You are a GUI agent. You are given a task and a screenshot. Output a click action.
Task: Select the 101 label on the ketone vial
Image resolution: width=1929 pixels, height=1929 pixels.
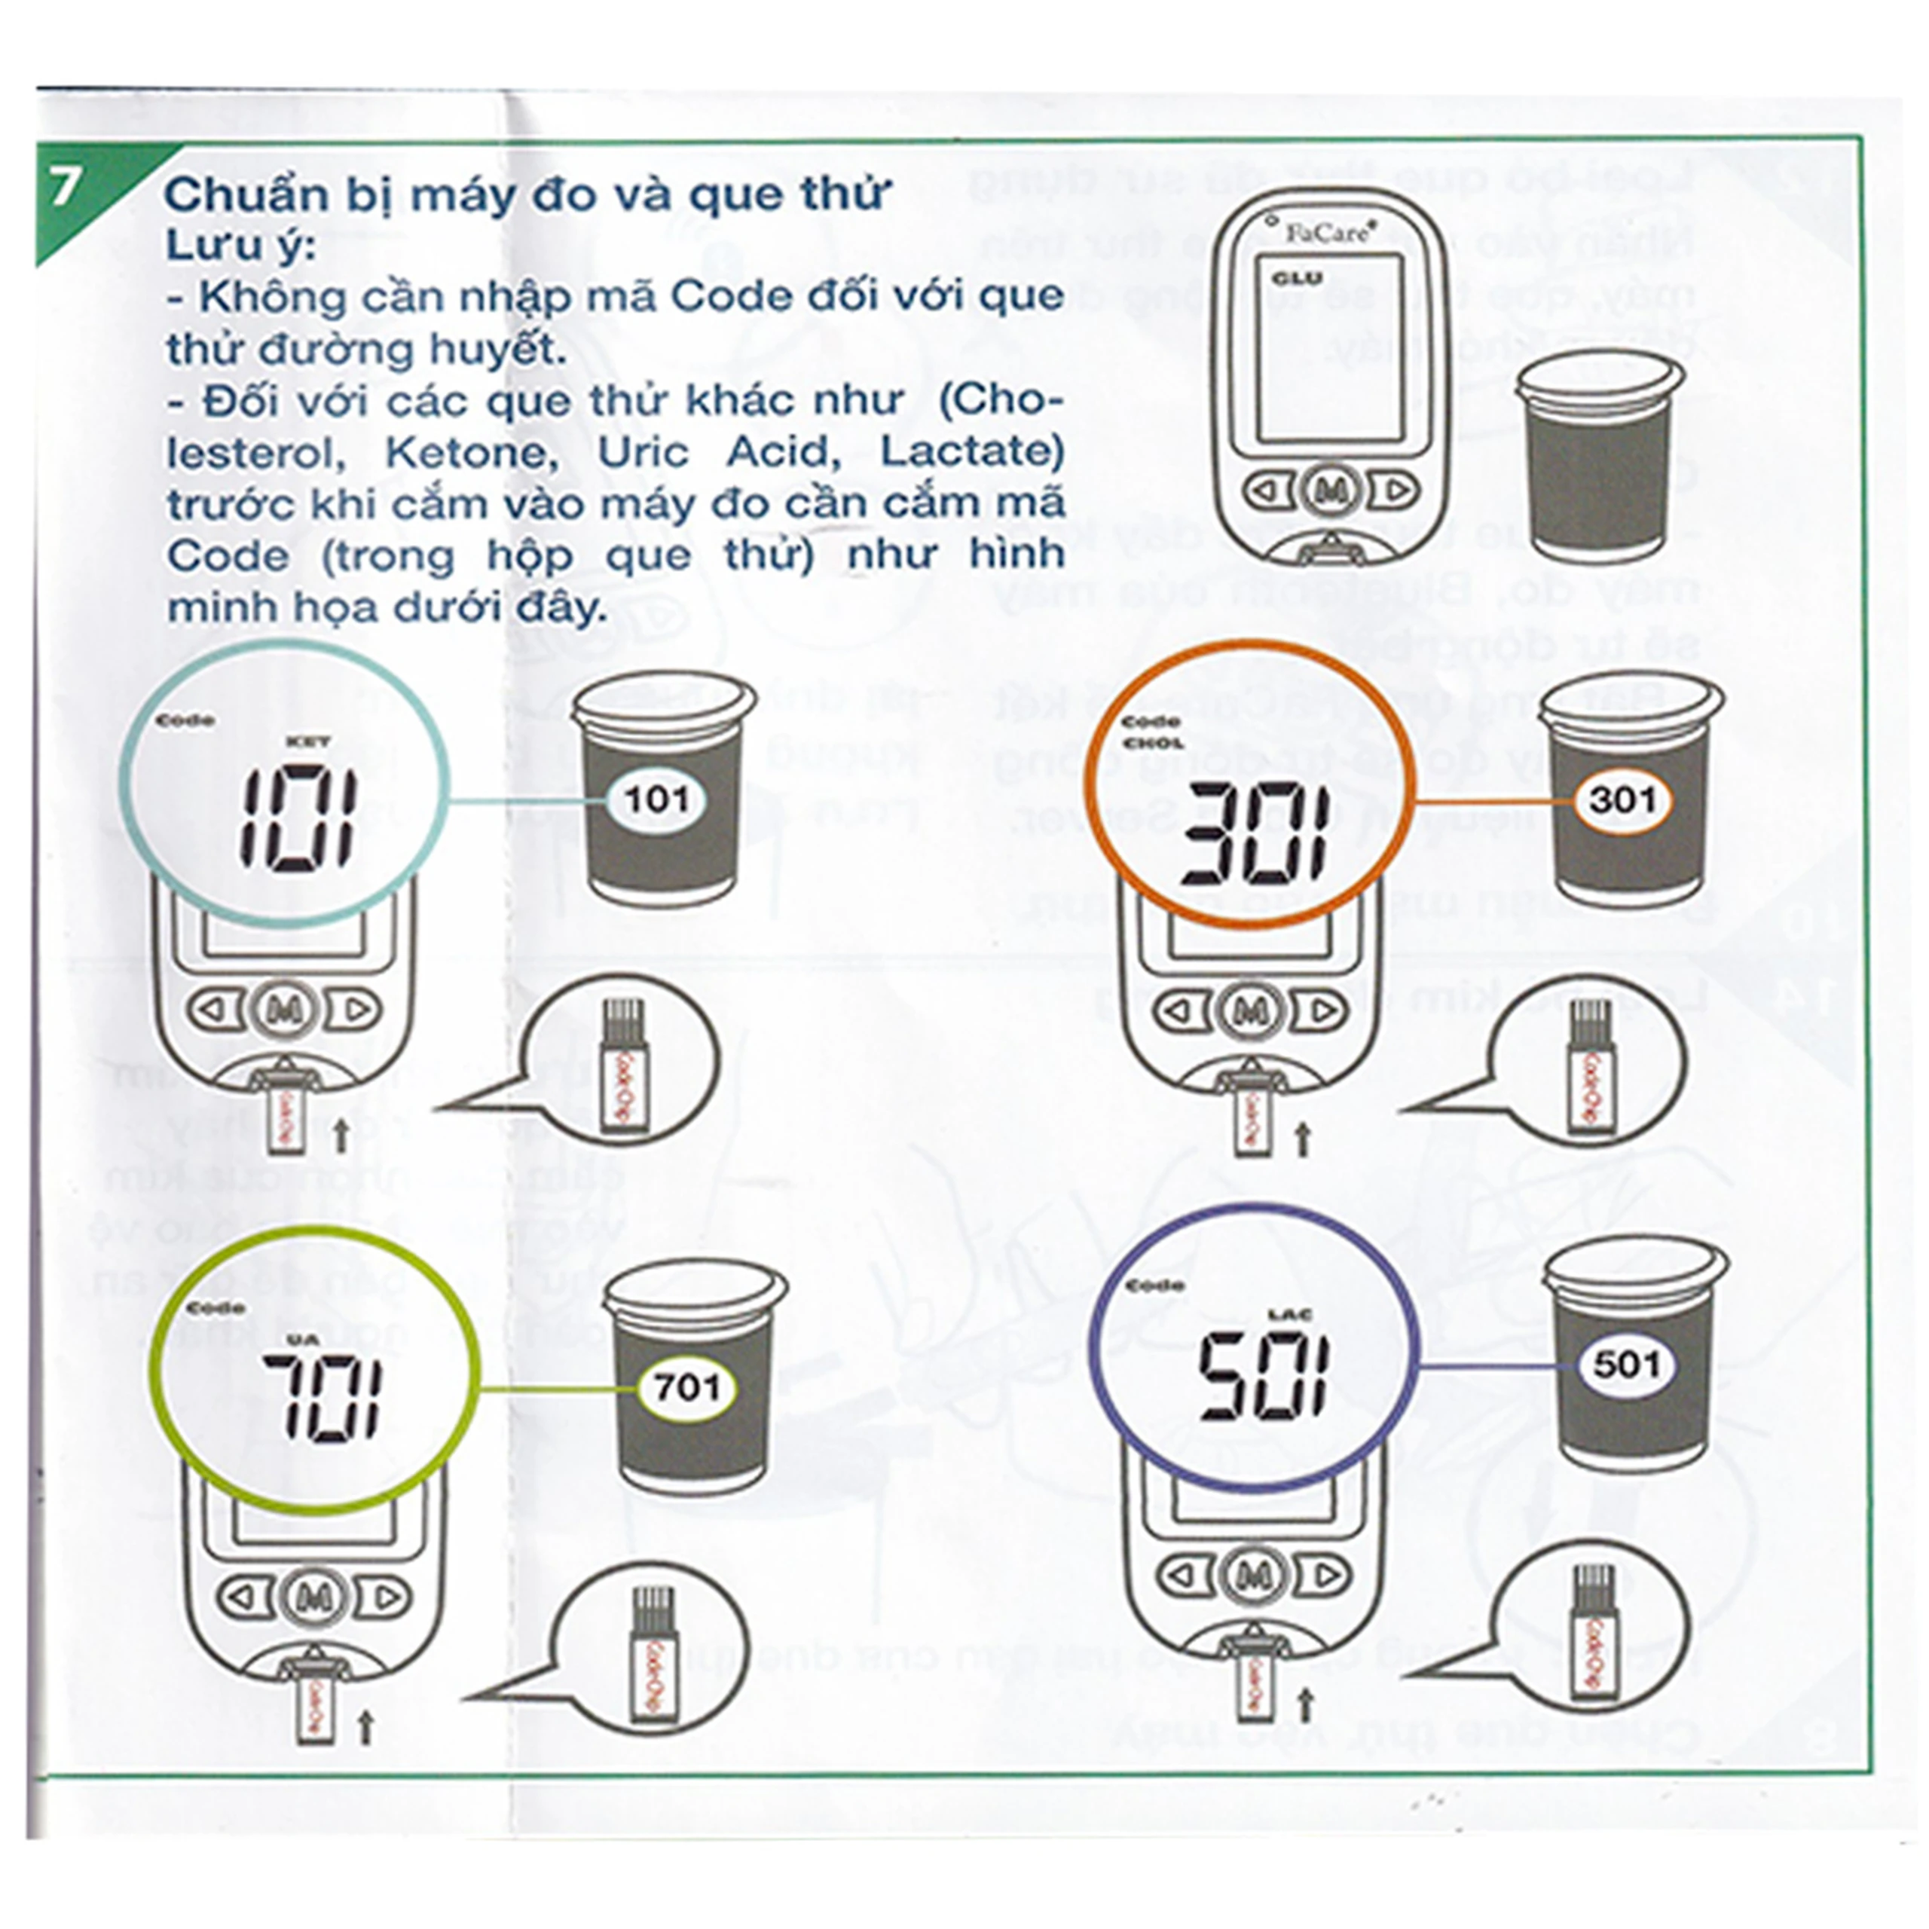point(656,799)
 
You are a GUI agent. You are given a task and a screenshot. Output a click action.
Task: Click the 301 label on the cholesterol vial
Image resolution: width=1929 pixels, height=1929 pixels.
point(1624,799)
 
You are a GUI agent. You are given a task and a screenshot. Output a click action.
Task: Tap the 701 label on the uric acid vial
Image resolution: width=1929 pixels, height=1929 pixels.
point(687,1388)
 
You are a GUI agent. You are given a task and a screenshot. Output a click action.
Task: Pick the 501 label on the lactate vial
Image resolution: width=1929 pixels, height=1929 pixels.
point(1625,1364)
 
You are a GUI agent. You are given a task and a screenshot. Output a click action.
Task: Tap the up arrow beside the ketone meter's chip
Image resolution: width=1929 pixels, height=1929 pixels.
point(341,1134)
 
